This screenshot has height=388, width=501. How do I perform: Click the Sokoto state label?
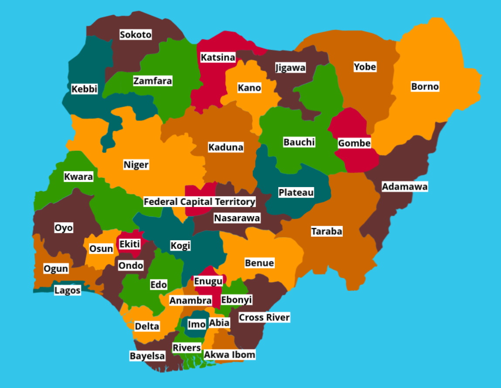click(136, 35)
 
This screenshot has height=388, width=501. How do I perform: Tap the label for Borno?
click(425, 86)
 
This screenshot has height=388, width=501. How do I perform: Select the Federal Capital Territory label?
click(199, 202)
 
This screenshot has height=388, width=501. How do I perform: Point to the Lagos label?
click(68, 290)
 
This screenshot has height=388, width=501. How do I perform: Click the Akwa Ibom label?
click(229, 354)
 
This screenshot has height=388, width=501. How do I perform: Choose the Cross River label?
click(264, 317)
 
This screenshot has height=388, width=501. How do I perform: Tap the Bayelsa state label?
click(147, 356)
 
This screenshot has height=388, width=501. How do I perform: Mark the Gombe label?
click(354, 143)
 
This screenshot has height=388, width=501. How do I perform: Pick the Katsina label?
click(218, 57)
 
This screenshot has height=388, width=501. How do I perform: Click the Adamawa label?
click(405, 187)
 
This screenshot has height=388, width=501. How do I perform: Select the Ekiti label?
click(130, 244)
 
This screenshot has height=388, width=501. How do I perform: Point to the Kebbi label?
click(85, 89)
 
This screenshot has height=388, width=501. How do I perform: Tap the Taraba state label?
click(327, 231)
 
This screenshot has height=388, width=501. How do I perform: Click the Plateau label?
click(296, 192)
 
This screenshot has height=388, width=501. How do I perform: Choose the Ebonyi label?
click(236, 300)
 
